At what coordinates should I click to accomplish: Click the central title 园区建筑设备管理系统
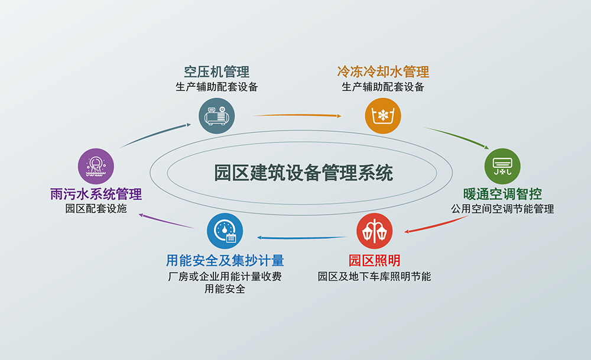click(x=303, y=173)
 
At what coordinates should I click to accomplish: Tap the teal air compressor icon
click(x=217, y=115)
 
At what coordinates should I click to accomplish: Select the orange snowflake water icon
click(x=383, y=115)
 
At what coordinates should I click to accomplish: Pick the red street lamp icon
click(x=374, y=231)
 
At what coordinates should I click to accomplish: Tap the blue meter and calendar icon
click(x=225, y=231)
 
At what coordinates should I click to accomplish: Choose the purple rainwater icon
click(x=96, y=165)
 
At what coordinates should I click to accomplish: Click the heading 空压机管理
click(x=216, y=72)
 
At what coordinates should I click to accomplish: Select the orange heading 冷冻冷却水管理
click(x=383, y=72)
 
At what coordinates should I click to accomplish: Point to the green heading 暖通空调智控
click(x=502, y=194)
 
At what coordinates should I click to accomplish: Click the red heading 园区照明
click(x=374, y=260)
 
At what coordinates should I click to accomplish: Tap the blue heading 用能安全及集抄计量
click(x=225, y=260)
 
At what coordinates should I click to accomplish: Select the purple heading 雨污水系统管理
click(x=96, y=194)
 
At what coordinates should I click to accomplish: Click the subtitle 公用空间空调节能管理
click(x=502, y=209)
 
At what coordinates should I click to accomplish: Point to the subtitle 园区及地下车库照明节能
click(x=374, y=275)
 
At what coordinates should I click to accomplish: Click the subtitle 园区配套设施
click(x=96, y=209)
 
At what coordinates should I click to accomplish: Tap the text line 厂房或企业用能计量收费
click(x=225, y=275)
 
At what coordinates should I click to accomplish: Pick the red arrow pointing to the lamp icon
click(x=437, y=225)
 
